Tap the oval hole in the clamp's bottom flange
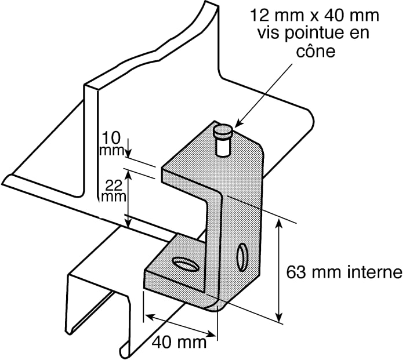(x=185, y=264)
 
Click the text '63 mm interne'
(x=345, y=272)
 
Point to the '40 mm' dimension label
(x=179, y=341)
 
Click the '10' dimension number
(x=111, y=138)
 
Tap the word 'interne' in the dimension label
(x=371, y=272)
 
